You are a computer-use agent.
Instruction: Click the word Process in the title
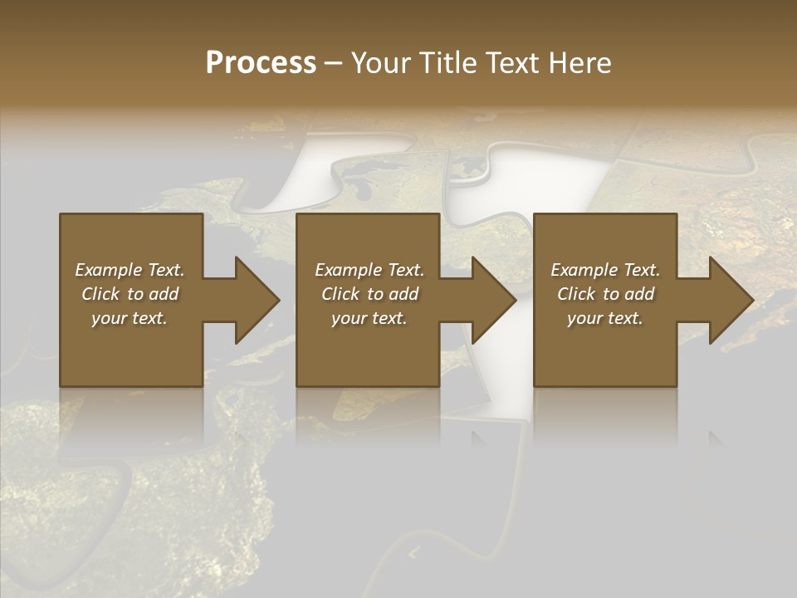click(261, 63)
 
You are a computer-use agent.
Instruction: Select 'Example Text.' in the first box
click(130, 270)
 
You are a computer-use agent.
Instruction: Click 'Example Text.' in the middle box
click(369, 270)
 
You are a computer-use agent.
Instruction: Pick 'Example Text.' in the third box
click(605, 270)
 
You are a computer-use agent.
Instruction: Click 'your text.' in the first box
click(130, 318)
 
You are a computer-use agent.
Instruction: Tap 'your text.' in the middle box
click(369, 318)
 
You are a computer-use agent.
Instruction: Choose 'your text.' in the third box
click(605, 318)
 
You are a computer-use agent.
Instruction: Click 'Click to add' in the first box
click(130, 294)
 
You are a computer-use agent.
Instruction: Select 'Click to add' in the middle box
click(369, 294)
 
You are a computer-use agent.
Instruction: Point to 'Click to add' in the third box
click(605, 294)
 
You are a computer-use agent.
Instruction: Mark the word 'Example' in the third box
click(584, 270)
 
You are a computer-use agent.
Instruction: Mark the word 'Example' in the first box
click(108, 270)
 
